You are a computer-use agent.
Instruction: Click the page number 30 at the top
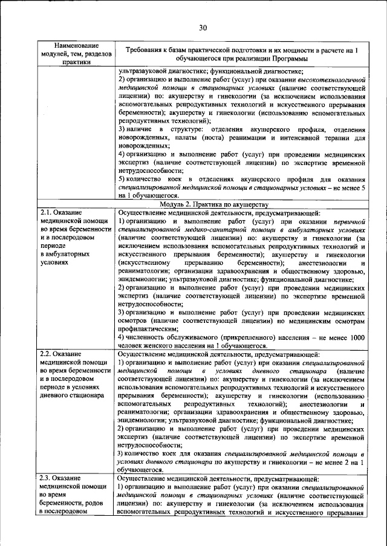pos(201,27)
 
